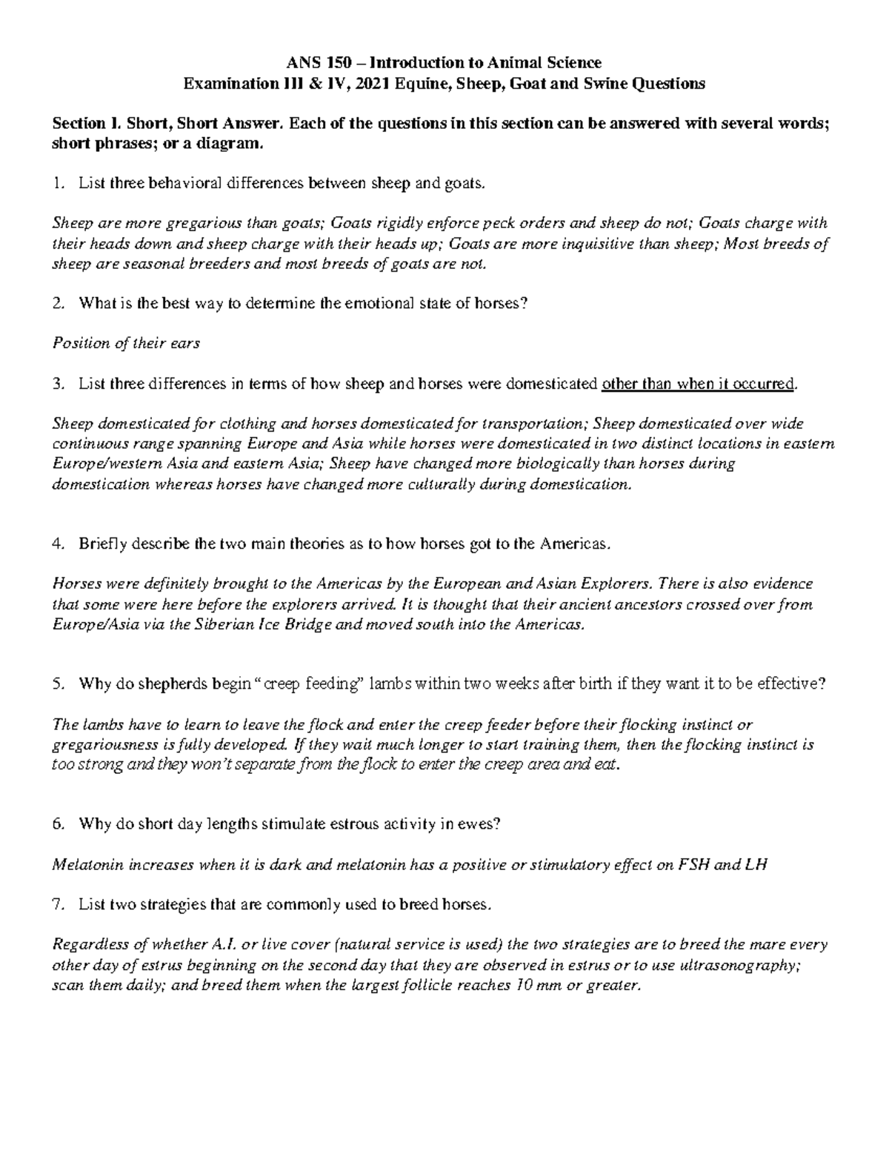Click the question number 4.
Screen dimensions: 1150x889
(59, 544)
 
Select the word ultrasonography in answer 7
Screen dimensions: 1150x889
(745, 966)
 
